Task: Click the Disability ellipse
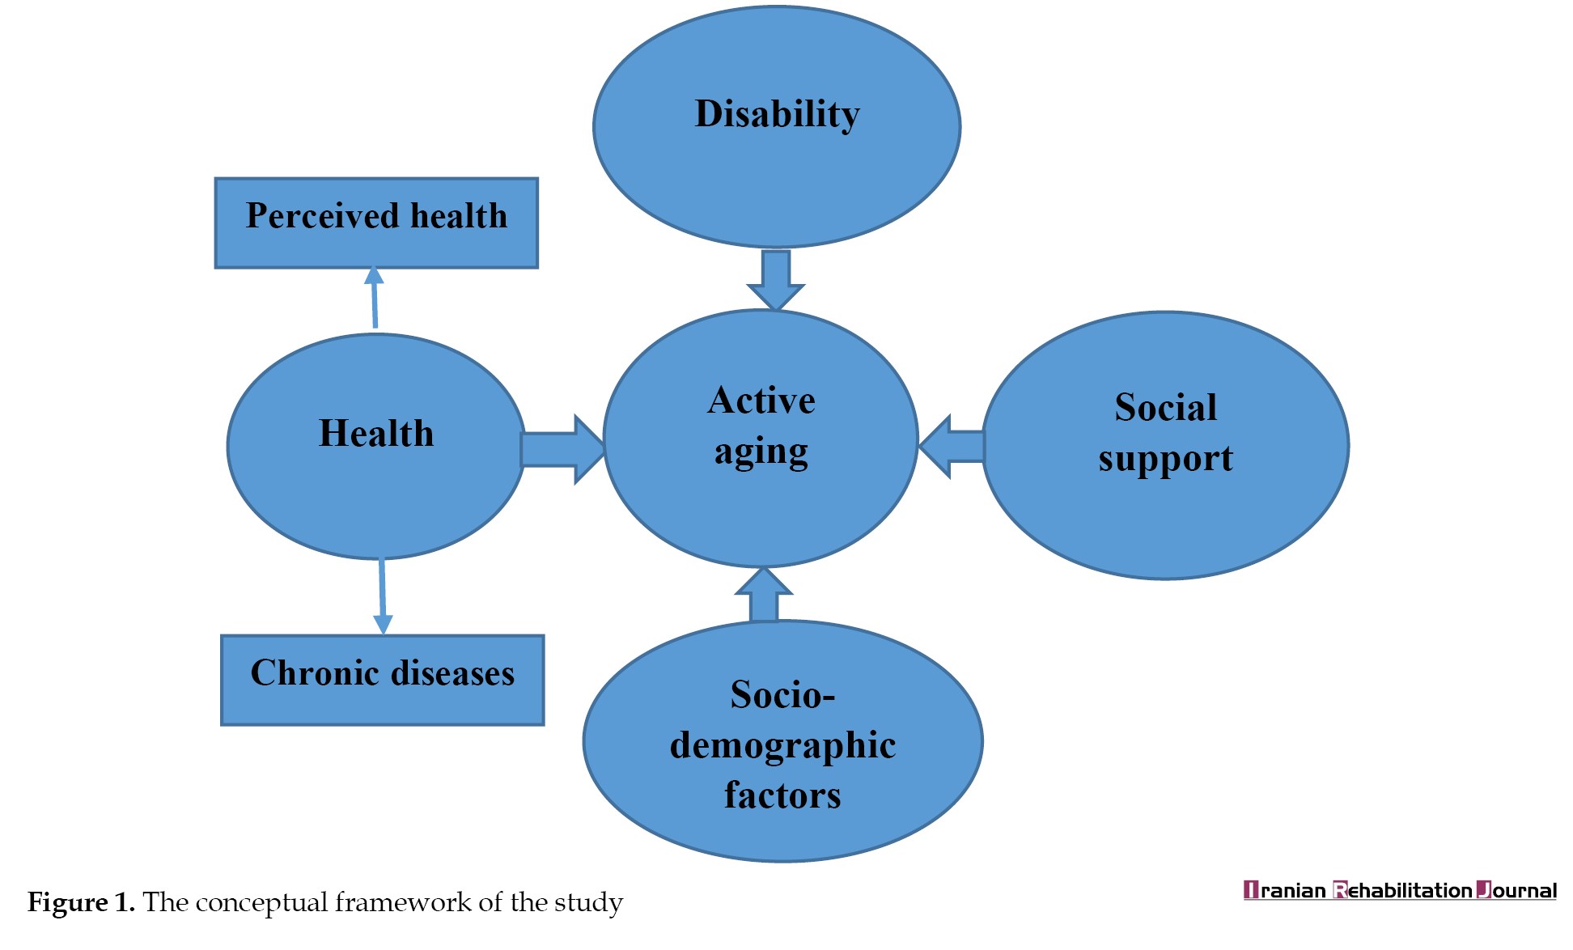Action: point(777,127)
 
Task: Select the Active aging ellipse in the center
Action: point(761,438)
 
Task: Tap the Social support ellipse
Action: point(1165,445)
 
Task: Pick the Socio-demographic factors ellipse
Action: point(782,741)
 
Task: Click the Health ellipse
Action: point(376,446)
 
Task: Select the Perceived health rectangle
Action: point(376,223)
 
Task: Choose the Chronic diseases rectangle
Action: point(383,680)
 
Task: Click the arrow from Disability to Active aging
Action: point(776,280)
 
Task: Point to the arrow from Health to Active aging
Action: point(563,449)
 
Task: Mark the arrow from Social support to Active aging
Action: point(951,447)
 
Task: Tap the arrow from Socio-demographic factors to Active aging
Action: point(764,595)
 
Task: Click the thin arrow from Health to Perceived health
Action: point(374,298)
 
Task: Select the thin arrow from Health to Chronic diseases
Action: point(382,596)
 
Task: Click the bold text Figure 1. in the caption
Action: point(81,902)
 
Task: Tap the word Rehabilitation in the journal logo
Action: point(1402,890)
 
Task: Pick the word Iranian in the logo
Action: point(1285,890)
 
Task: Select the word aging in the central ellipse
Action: point(761,452)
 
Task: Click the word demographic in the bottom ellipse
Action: point(782,746)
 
